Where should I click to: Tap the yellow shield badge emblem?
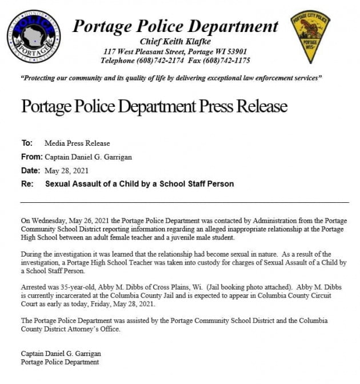(x=310, y=36)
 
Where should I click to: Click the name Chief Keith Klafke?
(x=175, y=42)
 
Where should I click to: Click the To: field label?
(x=27, y=143)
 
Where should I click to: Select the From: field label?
(x=31, y=157)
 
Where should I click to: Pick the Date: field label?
(x=30, y=171)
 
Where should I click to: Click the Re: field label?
(x=27, y=184)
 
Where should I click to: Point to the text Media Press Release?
(x=77, y=143)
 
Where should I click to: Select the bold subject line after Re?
(x=139, y=184)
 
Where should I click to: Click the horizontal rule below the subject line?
(x=185, y=202)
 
